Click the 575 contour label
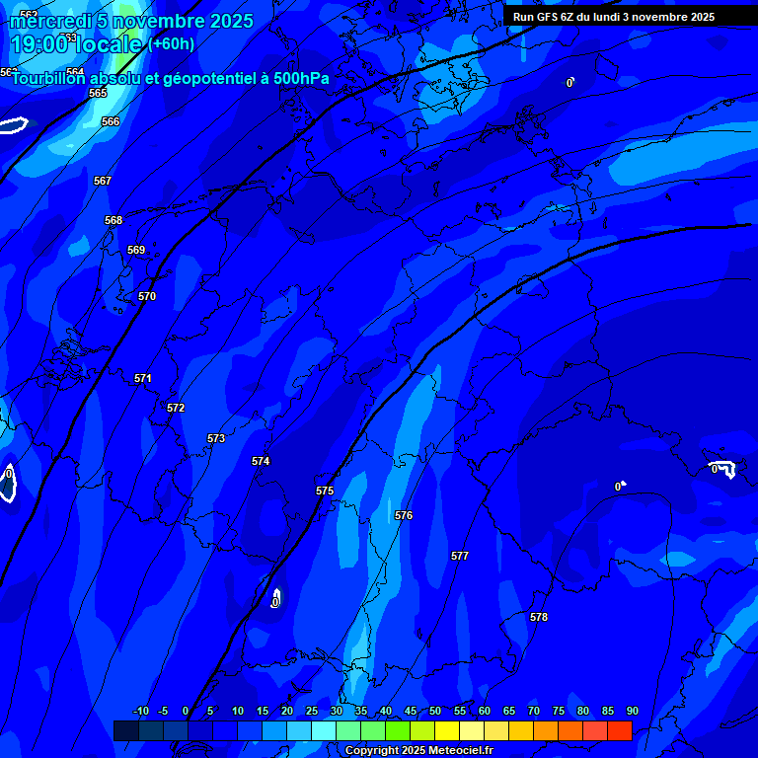325,491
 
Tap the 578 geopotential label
538,617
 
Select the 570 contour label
147,296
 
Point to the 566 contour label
111,121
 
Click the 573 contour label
216,438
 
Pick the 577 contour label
460,556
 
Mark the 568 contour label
114,220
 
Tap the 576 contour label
404,515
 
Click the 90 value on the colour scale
632,711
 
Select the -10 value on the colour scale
141,711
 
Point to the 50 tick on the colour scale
435,711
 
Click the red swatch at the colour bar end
619,730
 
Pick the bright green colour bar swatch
397,730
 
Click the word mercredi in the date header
51,21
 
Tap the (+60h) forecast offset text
172,44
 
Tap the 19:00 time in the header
39,44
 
